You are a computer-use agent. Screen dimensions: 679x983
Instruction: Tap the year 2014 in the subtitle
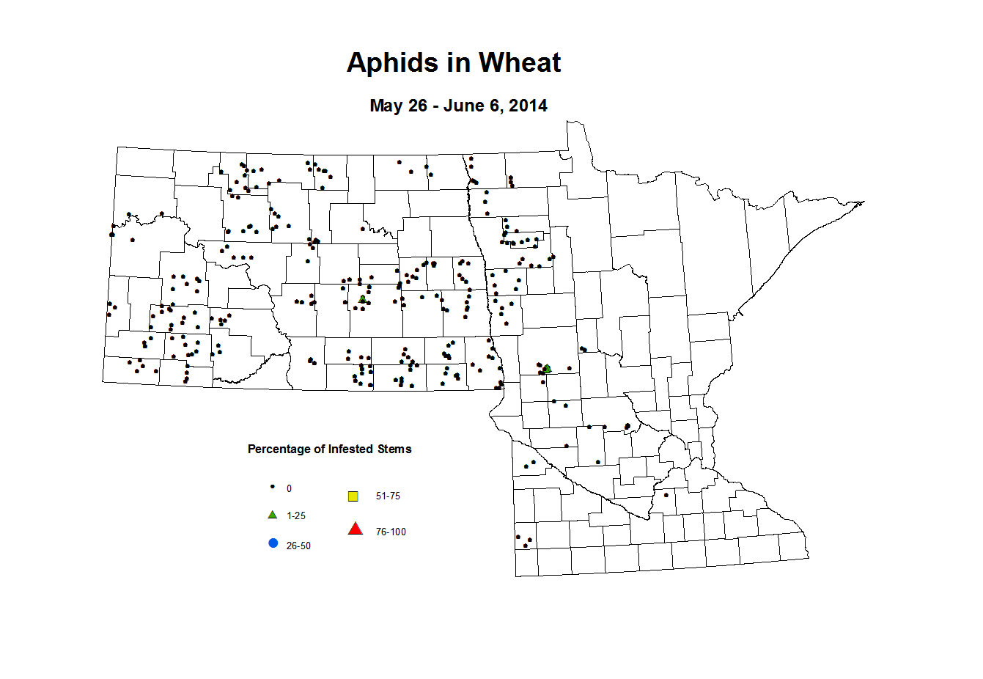528,106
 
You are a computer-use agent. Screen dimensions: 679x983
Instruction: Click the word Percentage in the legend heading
279,449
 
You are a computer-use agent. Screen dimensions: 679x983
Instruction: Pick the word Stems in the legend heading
394,449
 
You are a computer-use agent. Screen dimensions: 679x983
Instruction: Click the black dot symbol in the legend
273,487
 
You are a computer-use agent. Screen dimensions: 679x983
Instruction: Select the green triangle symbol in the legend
273,515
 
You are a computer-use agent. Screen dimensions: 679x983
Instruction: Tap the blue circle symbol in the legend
273,543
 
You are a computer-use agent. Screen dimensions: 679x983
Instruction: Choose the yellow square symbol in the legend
353,496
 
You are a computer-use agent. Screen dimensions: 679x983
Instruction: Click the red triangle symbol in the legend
356,529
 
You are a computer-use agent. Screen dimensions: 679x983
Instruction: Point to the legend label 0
290,488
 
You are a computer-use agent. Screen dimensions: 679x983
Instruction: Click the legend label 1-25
296,516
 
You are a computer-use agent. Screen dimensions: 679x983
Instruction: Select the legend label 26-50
298,546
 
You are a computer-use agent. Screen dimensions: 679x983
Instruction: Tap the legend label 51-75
388,496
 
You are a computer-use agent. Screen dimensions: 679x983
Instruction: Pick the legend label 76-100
391,532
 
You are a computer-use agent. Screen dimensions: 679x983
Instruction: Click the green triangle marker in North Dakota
362,298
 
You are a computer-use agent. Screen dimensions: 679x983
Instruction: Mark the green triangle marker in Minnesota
547,368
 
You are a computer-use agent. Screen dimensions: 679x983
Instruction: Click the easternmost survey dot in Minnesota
666,495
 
